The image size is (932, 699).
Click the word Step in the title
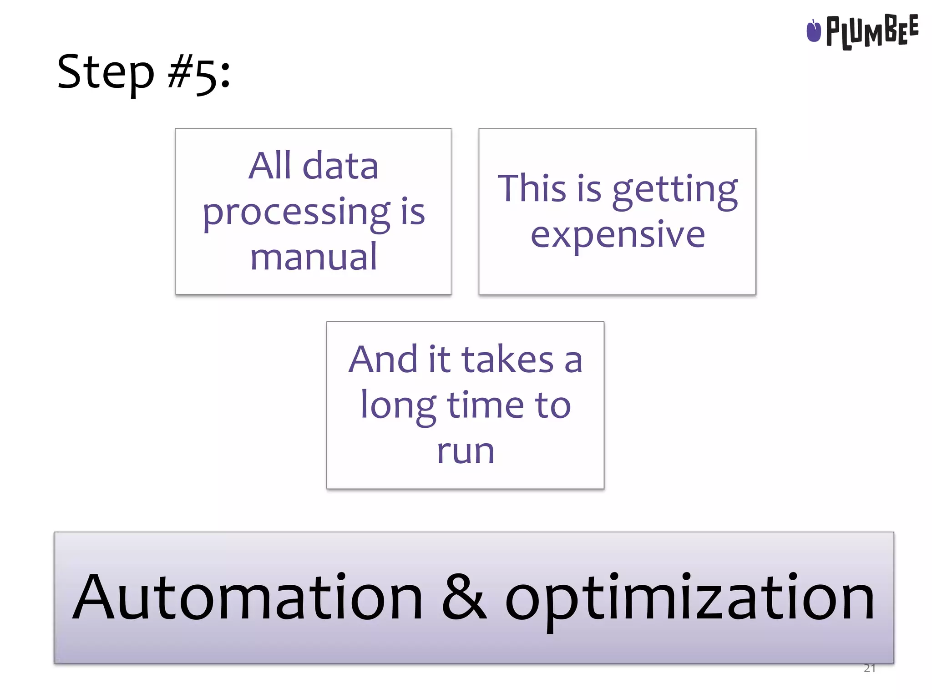pyautogui.click(x=106, y=73)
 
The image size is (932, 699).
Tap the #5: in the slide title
pyautogui.click(x=199, y=74)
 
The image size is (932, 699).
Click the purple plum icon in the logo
pyautogui.click(x=813, y=31)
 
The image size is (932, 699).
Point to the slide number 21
pyautogui.click(x=869, y=668)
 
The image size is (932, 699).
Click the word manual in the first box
pyautogui.click(x=314, y=257)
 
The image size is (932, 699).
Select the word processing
pyautogui.click(x=296, y=213)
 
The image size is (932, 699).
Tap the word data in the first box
pyautogui.click(x=340, y=166)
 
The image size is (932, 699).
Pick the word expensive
pyautogui.click(x=618, y=235)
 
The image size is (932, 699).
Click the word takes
pyautogui.click(x=507, y=360)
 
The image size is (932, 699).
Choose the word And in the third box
pyautogui.click(x=383, y=360)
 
